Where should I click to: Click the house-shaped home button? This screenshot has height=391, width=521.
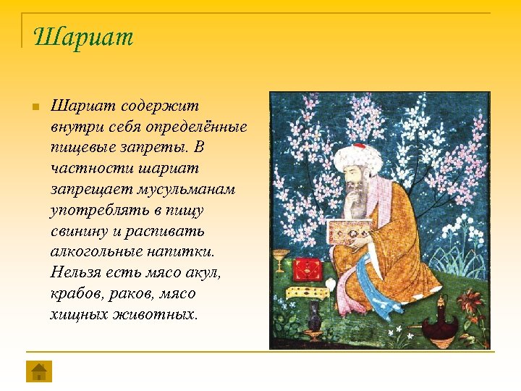pyautogui.click(x=39, y=371)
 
